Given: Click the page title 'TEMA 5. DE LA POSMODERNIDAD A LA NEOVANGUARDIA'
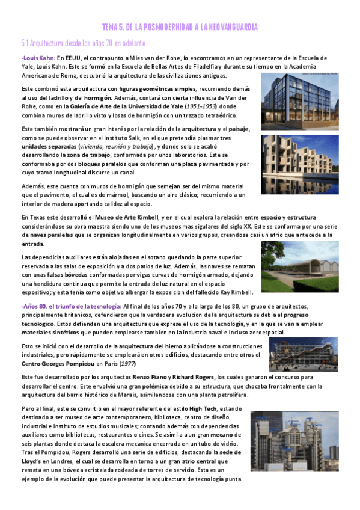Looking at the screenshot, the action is [x=180, y=27].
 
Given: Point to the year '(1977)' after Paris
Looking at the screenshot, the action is [x=143, y=364].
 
